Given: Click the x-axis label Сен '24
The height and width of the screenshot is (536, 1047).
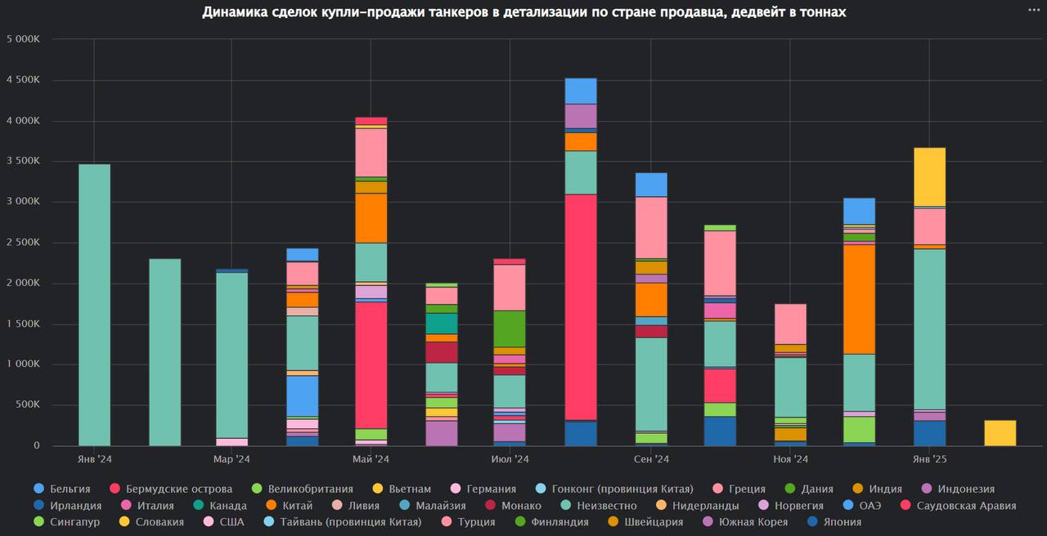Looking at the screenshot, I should pyautogui.click(x=651, y=460).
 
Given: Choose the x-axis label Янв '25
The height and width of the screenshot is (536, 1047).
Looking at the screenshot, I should pyautogui.click(x=929, y=460).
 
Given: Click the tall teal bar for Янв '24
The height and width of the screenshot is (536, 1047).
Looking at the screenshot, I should pyautogui.click(x=94, y=305).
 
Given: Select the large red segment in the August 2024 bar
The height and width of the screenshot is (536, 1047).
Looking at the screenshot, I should pyautogui.click(x=581, y=306).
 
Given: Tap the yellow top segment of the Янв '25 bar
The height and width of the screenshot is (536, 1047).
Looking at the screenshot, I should pyautogui.click(x=929, y=176).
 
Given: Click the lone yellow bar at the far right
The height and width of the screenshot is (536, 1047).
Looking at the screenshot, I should pyautogui.click(x=1000, y=433).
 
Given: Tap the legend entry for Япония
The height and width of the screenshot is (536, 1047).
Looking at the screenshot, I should pyautogui.click(x=833, y=522).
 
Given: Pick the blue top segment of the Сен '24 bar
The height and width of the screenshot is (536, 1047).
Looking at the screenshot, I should pyautogui.click(x=651, y=185).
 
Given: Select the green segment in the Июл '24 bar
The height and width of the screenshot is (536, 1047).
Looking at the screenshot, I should pyautogui.click(x=510, y=328).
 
